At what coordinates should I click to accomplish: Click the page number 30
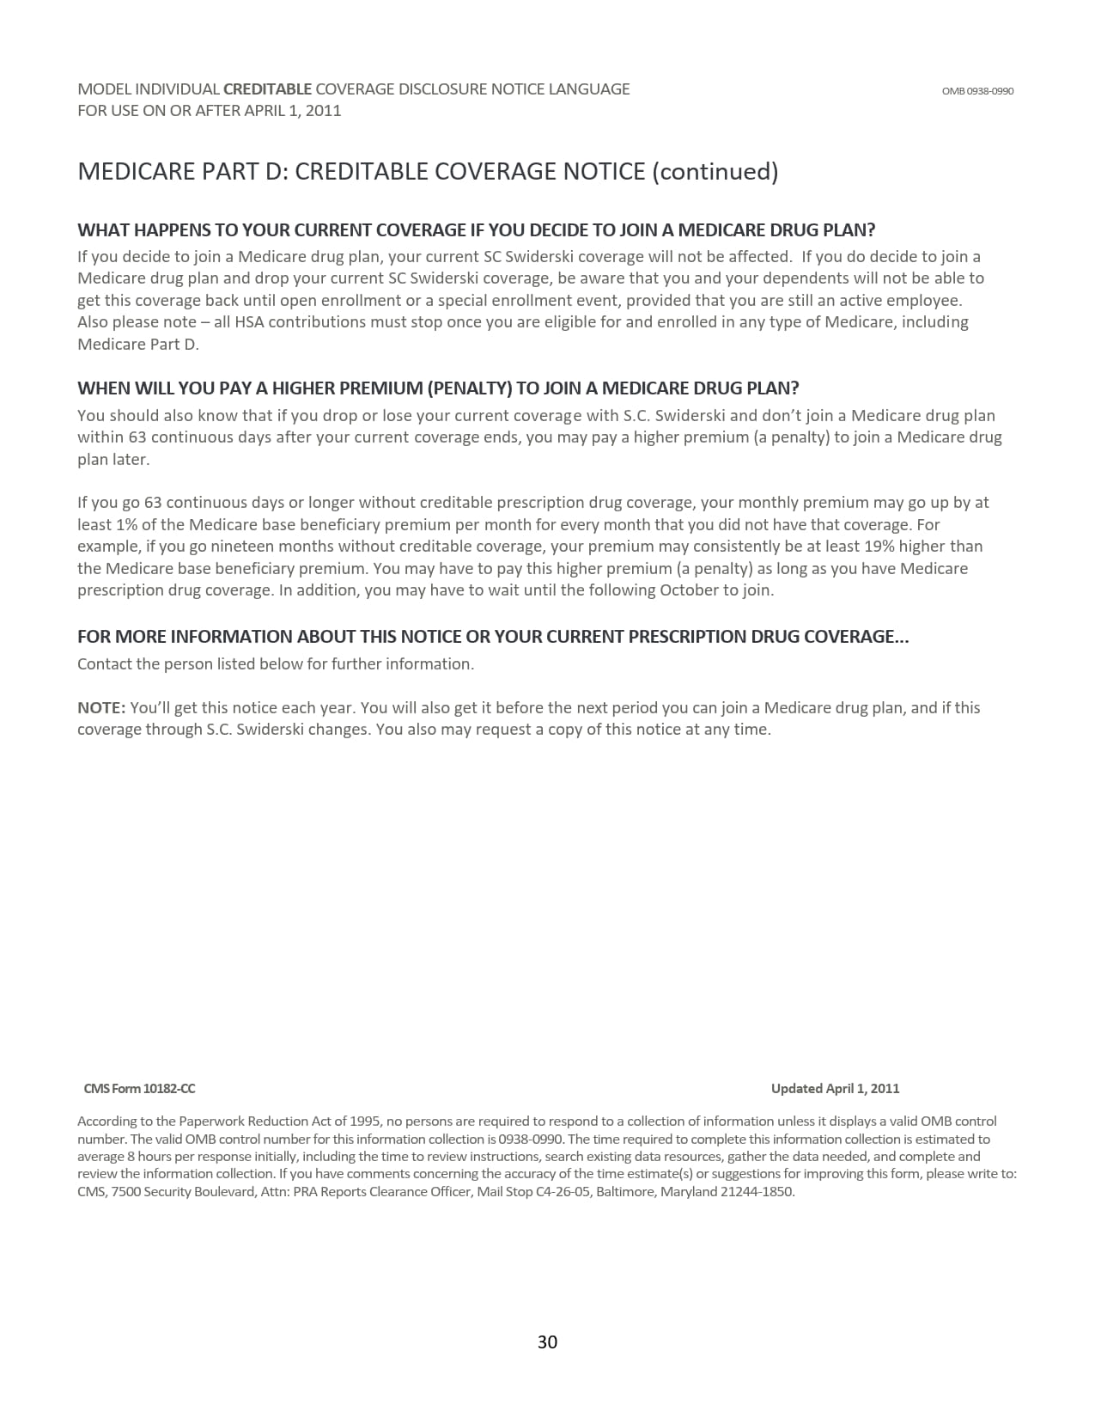tap(547, 1342)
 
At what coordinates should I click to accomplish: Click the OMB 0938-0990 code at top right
tap(977, 91)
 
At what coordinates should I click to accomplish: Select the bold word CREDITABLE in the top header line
tap(267, 89)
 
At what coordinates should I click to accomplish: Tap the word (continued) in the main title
tap(715, 172)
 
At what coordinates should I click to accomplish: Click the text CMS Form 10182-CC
tap(139, 1089)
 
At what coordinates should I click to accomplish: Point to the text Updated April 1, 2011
tap(835, 1089)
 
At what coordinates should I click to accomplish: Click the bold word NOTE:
tap(101, 708)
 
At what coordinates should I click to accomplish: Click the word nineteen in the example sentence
tap(248, 547)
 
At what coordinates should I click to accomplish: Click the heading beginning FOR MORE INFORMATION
tap(492, 637)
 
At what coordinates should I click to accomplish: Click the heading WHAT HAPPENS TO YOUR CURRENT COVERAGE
tap(476, 230)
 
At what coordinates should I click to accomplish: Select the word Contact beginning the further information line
tap(104, 664)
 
